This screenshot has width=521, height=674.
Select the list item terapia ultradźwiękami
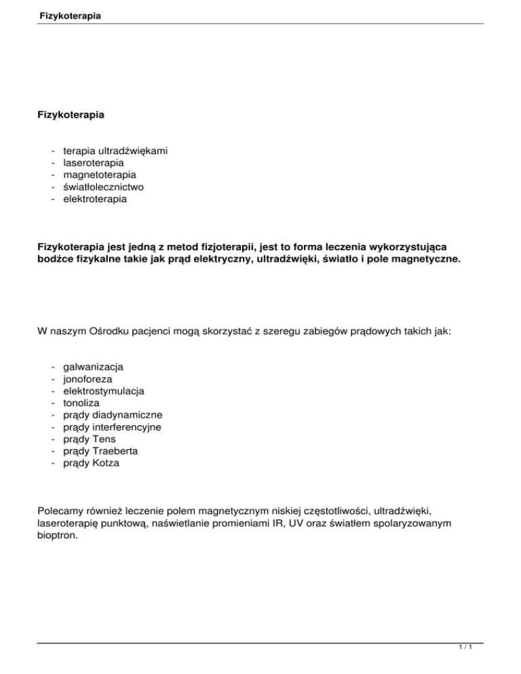click(x=115, y=151)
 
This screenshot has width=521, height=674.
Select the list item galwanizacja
click(x=93, y=367)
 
